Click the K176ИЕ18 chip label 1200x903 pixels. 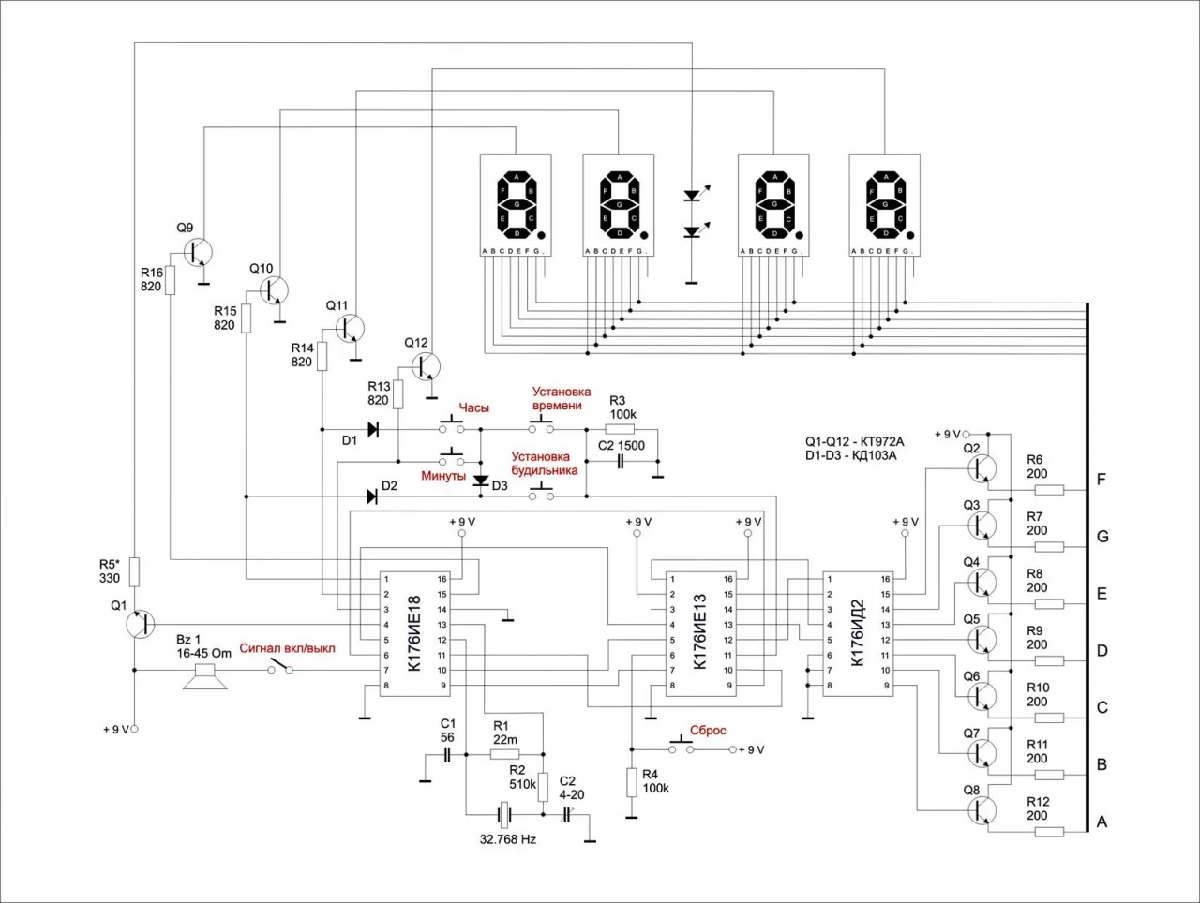[x=415, y=633]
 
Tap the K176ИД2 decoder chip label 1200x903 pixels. [x=856, y=633]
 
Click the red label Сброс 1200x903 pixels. [x=708, y=731]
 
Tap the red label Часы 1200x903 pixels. [x=473, y=408]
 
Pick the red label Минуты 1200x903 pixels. [x=443, y=476]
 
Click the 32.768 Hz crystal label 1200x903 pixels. [x=507, y=839]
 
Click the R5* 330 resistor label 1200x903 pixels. [x=110, y=571]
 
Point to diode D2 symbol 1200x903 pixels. [x=371, y=496]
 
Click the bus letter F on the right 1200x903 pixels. [x=1102, y=480]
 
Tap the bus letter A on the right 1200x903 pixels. [x=1102, y=822]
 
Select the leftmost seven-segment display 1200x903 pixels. [x=515, y=204]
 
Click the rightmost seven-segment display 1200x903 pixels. [x=884, y=204]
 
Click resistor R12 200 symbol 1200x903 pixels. [x=1050, y=831]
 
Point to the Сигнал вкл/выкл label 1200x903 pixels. [x=287, y=648]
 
